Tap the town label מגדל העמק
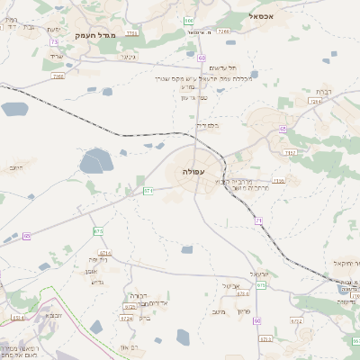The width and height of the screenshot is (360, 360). pos(91,36)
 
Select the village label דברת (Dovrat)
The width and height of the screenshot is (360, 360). pos(324,92)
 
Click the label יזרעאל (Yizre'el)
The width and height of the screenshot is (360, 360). pos(258,273)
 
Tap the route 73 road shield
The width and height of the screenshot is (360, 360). pos(55,41)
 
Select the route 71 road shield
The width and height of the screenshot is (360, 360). pos(257,220)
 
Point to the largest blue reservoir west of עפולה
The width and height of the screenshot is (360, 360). pos(94,162)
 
